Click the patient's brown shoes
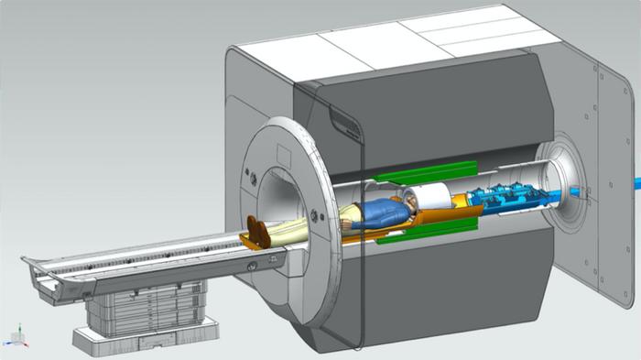(259, 232)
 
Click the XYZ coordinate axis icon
(16, 335)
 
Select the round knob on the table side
(250, 267)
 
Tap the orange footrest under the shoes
(252, 242)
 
